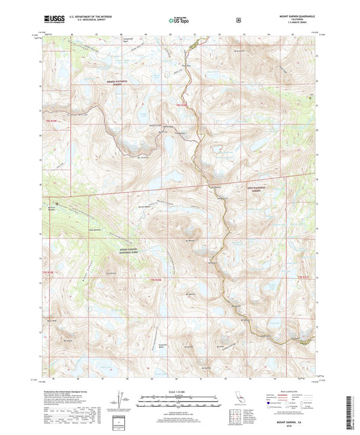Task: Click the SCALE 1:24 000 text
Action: click(x=179, y=392)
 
